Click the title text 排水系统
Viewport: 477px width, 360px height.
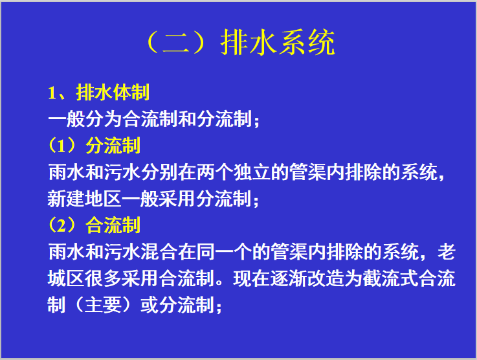click(278, 43)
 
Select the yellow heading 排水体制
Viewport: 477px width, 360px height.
click(113, 93)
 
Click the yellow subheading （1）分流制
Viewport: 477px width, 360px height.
click(94, 146)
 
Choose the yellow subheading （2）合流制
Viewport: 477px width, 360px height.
click(94, 225)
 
